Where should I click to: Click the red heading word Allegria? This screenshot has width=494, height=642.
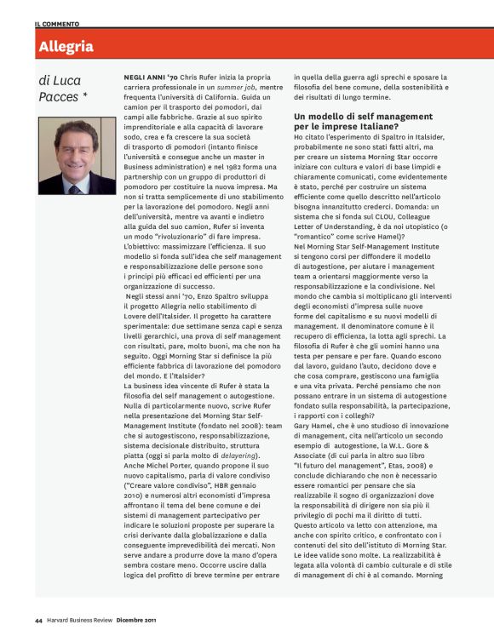tap(66, 47)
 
